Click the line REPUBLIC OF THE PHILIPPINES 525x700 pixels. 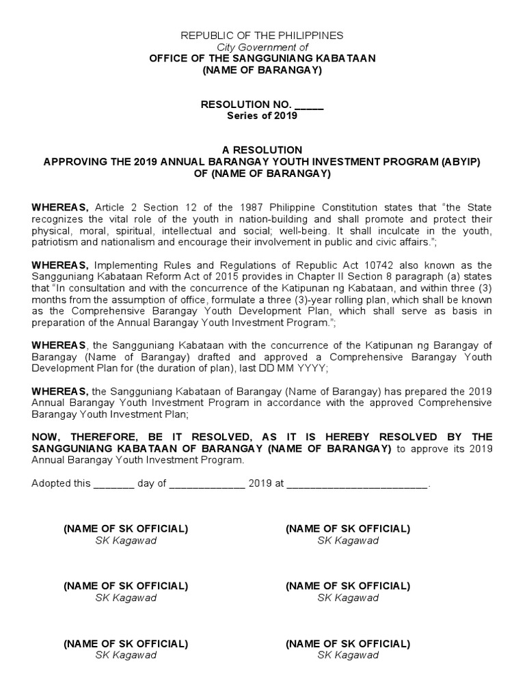[x=262, y=35]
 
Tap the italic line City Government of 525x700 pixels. [x=262, y=46]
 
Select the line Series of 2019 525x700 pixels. [x=262, y=116]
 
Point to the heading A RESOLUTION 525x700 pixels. [x=262, y=150]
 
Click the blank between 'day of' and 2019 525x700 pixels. [x=207, y=483]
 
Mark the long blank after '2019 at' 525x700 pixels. [x=357, y=483]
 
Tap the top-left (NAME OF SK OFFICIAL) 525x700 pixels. [x=126, y=528]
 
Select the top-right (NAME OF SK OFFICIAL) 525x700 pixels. [x=348, y=528]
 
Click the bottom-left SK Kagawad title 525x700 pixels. [x=126, y=655]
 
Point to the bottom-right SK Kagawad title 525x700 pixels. [x=348, y=655]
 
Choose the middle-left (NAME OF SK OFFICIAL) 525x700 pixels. [x=126, y=586]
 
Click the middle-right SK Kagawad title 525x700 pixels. [x=348, y=597]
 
